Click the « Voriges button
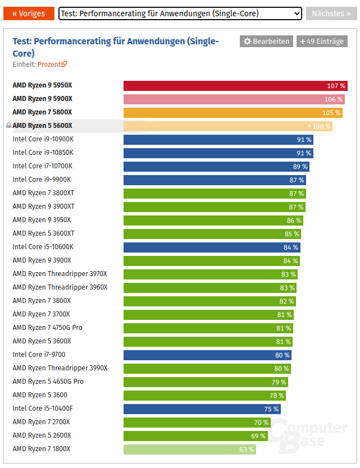(x=29, y=13)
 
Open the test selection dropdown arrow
(x=297, y=13)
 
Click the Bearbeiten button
(x=266, y=41)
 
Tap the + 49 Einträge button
(x=322, y=41)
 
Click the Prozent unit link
(x=50, y=65)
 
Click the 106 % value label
(x=334, y=99)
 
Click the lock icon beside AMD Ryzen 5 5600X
(x=8, y=126)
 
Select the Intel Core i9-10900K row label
(x=43, y=139)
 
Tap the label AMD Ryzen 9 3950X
(x=42, y=220)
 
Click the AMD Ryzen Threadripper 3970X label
(x=60, y=274)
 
